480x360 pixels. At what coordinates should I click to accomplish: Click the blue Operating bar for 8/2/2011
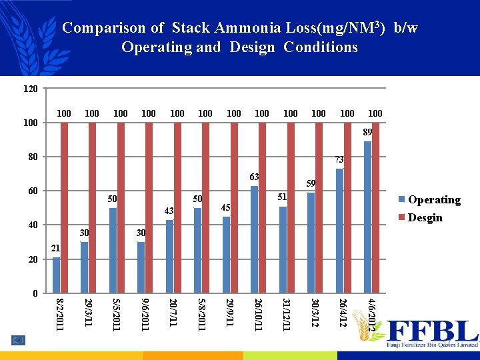click(56, 275)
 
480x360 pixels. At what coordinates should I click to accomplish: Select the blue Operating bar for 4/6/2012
click(368, 217)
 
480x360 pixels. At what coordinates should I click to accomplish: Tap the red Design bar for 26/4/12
click(347, 207)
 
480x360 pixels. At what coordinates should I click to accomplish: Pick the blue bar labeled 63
click(254, 239)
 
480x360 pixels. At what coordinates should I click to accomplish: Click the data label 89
click(367, 133)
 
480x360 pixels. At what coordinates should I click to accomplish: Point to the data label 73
click(339, 160)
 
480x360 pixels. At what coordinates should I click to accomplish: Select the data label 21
click(56, 249)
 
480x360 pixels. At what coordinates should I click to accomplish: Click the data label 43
click(169, 211)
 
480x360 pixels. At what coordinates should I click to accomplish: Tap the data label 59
click(311, 183)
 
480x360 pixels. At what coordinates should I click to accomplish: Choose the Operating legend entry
click(433, 199)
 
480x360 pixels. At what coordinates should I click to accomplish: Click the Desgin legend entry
click(425, 217)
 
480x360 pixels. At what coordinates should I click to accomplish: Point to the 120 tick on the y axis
click(31, 89)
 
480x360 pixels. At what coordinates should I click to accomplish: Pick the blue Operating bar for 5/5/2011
click(113, 251)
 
